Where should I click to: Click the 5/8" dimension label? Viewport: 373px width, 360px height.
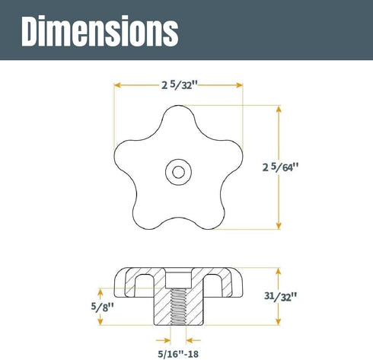pos(90,307)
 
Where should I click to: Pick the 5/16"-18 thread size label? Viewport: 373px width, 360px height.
pos(178,352)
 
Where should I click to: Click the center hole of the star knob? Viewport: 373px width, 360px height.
pos(178,172)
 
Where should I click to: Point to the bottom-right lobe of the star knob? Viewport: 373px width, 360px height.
pos(213,217)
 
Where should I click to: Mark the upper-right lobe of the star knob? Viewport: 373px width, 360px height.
pos(231,156)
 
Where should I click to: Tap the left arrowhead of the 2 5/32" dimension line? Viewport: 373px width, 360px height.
pos(117,85)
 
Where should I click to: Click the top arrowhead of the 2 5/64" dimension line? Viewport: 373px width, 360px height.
pos(279,108)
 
